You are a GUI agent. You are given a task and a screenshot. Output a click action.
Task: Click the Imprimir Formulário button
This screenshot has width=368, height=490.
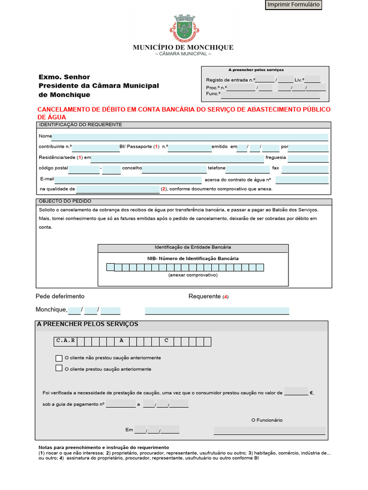(293, 5)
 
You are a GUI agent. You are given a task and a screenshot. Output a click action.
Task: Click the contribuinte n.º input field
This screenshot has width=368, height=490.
(95, 148)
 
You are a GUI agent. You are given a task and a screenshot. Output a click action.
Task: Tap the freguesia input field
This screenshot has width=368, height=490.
(308, 159)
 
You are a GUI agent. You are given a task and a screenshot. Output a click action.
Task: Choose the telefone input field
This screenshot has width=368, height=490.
(247, 169)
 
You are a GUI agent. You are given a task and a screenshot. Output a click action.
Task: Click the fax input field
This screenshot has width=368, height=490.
(305, 169)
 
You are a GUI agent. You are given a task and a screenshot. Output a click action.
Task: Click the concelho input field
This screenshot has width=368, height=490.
(174, 169)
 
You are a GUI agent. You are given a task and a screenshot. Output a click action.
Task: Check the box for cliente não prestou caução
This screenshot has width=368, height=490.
(59, 358)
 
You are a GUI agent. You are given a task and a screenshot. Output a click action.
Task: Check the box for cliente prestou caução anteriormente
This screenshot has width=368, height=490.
(59, 368)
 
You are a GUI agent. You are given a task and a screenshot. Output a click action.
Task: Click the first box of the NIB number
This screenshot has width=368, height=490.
(110, 267)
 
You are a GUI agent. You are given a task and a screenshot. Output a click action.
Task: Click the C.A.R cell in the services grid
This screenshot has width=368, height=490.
(65, 341)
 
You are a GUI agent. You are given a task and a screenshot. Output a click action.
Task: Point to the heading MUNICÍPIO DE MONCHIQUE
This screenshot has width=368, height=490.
(183, 47)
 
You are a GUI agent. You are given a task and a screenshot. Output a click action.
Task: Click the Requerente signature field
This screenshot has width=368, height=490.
(217, 311)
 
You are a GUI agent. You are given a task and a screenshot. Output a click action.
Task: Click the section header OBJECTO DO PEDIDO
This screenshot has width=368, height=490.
(65, 201)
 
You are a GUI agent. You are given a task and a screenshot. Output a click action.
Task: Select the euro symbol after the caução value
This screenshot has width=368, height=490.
(311, 393)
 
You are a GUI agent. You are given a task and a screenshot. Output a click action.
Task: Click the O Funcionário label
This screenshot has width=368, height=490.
(267, 420)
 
